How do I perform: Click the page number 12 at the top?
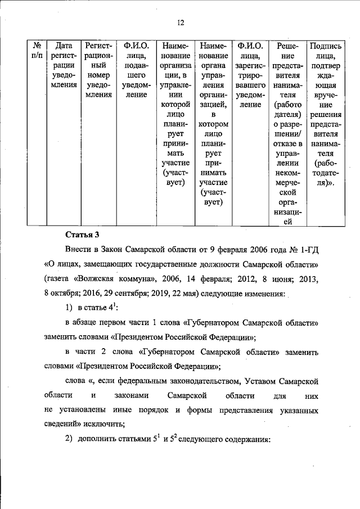coord(180,22)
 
